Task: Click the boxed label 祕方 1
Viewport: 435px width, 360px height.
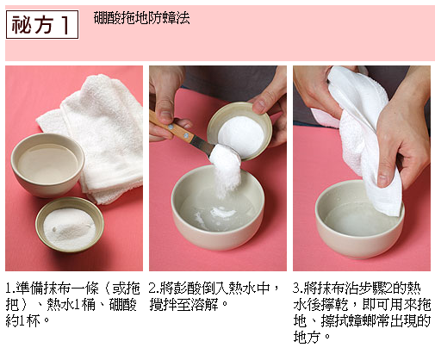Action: point(42,24)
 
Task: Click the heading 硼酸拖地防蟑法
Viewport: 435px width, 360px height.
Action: point(141,18)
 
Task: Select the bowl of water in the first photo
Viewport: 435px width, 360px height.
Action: point(47,164)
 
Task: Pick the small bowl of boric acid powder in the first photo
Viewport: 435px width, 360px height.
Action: point(70,225)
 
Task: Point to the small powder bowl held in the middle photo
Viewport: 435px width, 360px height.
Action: point(239,131)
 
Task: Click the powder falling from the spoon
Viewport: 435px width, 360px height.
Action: point(227,172)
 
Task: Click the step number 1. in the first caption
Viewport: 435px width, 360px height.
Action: point(10,289)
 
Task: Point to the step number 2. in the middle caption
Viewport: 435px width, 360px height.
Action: point(154,289)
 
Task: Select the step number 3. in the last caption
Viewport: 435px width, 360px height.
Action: point(298,289)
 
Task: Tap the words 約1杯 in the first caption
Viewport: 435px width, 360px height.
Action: point(23,321)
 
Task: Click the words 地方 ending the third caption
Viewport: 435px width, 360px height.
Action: point(307,337)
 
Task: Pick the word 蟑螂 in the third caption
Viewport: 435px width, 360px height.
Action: point(363,320)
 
